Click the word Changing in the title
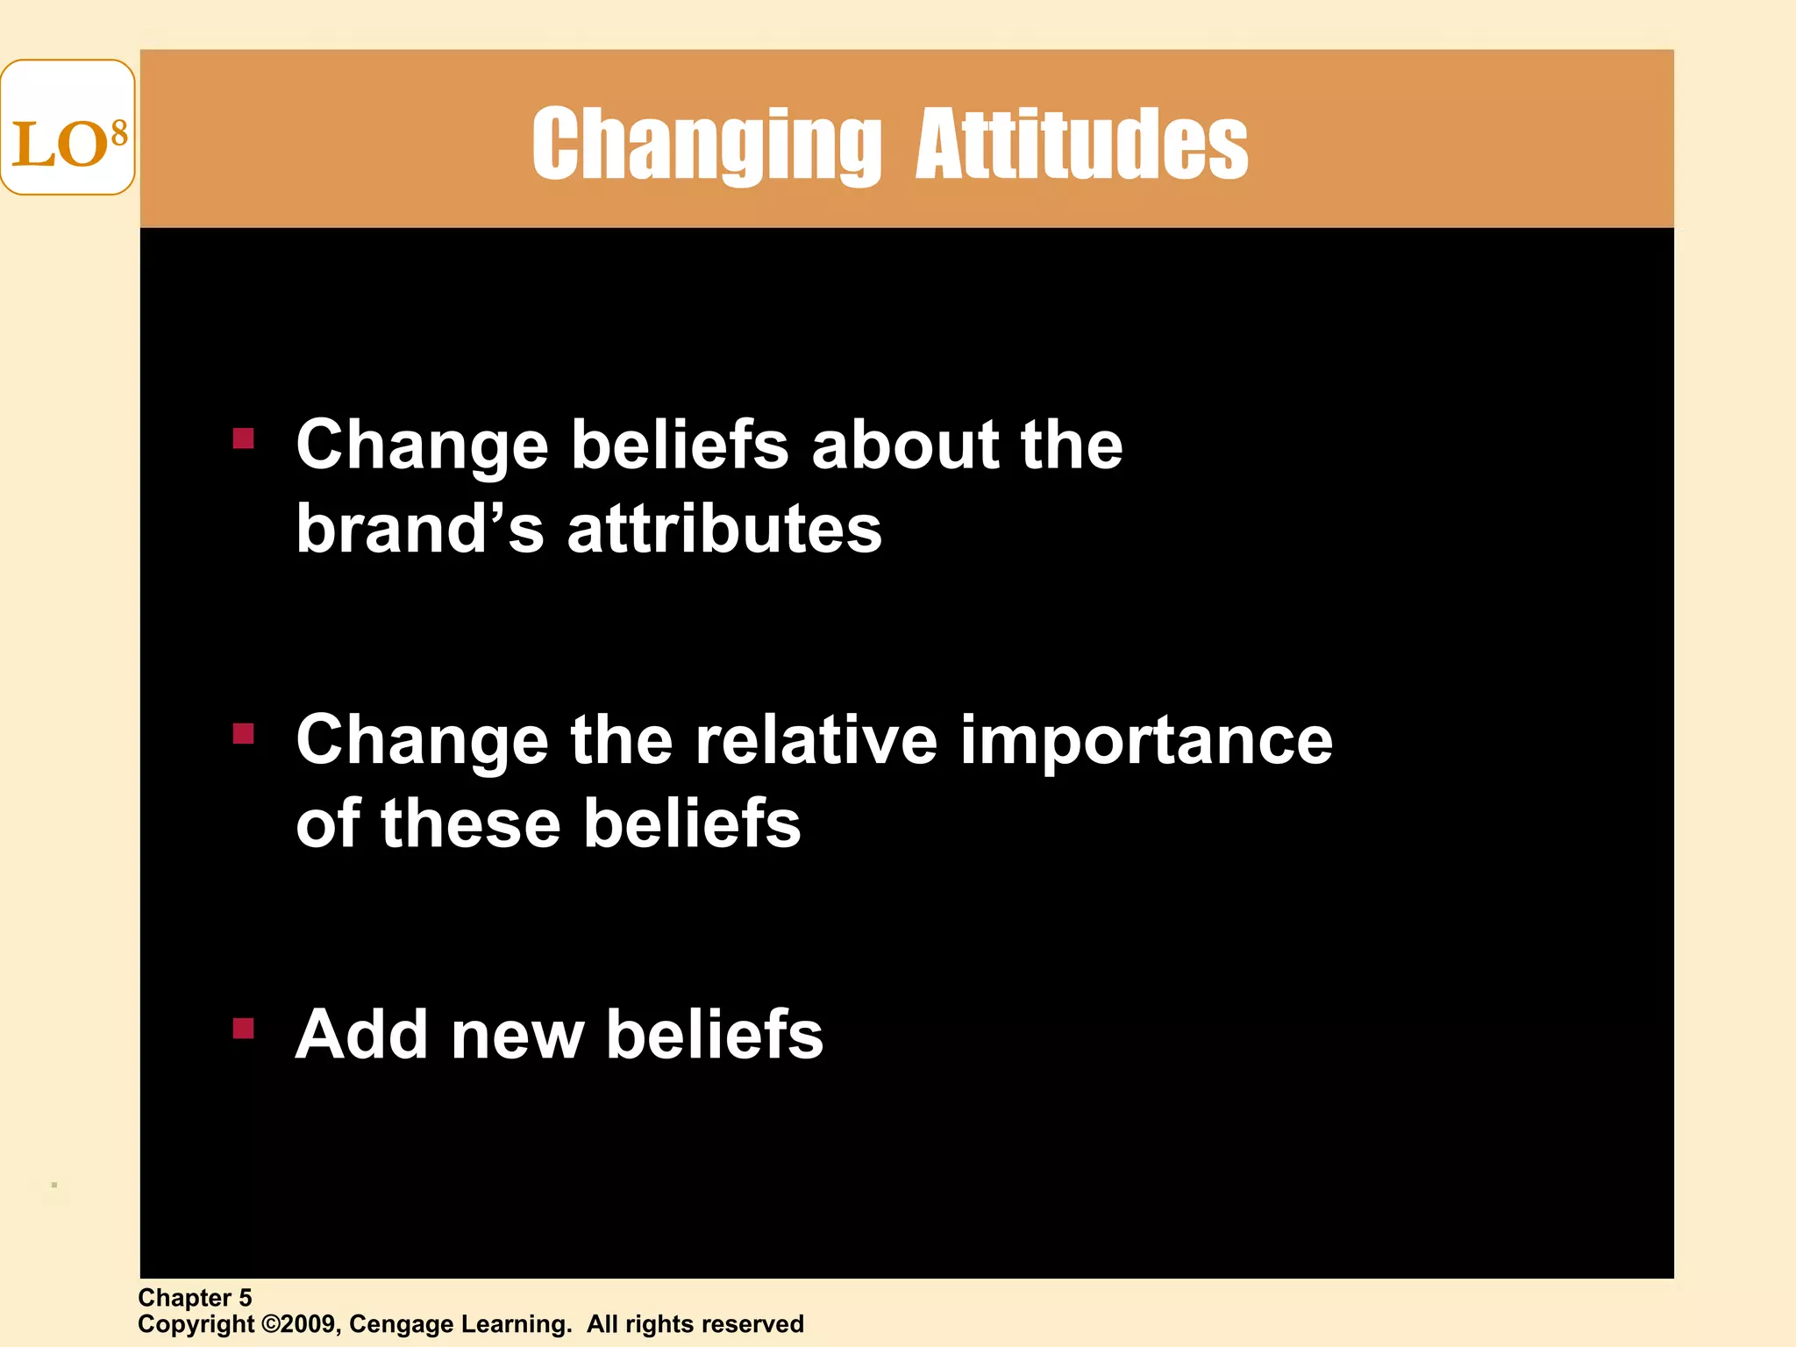click(x=706, y=145)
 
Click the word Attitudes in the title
click(x=1081, y=145)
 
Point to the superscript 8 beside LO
click(x=119, y=134)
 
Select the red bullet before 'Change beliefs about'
click(x=243, y=438)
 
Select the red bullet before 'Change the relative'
click(x=243, y=733)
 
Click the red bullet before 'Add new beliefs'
click(x=243, y=1028)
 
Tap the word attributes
click(x=724, y=530)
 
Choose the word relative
click(x=816, y=740)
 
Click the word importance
click(x=1145, y=742)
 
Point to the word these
click(x=470, y=824)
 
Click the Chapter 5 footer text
click(x=195, y=1298)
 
